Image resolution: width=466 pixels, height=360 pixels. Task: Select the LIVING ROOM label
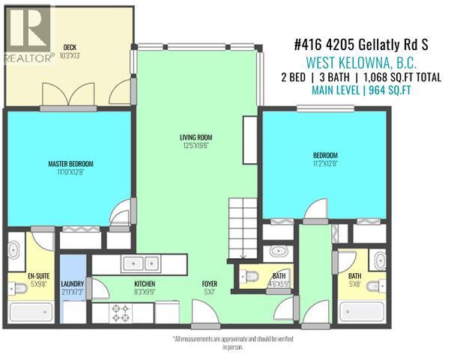[x=197, y=138]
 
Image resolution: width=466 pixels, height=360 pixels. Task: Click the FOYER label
[x=209, y=284]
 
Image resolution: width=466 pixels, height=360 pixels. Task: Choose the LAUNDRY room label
[x=73, y=284]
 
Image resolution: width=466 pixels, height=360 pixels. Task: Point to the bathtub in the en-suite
[x=26, y=314]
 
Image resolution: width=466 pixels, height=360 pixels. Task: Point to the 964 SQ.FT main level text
[x=360, y=91]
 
